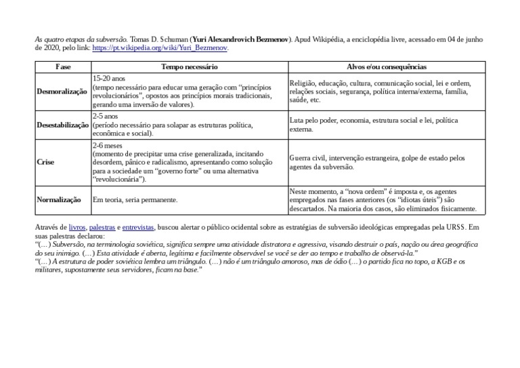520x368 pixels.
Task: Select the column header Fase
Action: [x=62, y=67]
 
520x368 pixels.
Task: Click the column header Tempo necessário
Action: [x=189, y=67]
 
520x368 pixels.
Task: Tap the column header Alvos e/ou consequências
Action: [x=386, y=67]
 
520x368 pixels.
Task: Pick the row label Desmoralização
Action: [x=62, y=91]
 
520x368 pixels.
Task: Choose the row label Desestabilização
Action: [x=62, y=125]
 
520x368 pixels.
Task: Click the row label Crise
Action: [x=45, y=163]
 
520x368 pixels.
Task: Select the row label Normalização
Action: [x=58, y=200]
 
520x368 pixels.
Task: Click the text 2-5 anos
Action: [x=106, y=117]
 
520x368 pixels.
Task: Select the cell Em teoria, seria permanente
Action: [x=135, y=200]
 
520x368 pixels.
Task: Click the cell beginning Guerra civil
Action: [x=377, y=162]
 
